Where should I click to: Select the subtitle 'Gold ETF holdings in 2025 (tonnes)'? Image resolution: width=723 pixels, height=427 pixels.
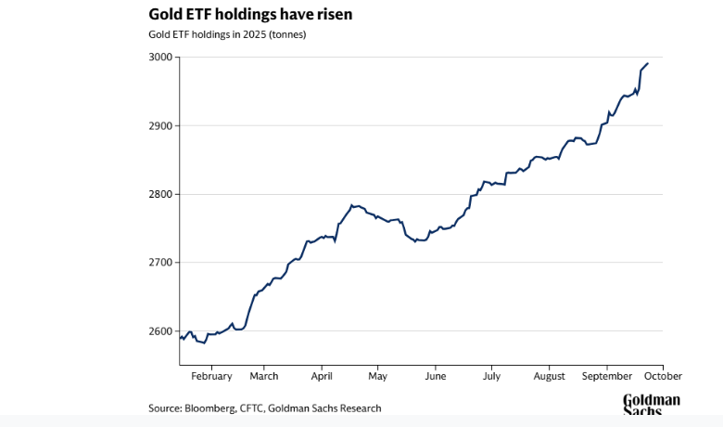(x=227, y=35)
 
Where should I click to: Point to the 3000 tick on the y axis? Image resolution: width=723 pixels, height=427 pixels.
(x=161, y=58)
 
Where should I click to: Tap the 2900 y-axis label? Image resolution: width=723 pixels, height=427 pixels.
(x=161, y=125)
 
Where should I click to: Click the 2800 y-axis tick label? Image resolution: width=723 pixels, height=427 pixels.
(x=161, y=194)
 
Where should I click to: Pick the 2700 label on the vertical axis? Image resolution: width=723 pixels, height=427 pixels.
(x=161, y=263)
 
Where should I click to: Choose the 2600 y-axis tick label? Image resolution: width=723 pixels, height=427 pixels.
(x=161, y=331)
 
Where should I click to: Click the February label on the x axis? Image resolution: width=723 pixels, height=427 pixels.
(x=210, y=376)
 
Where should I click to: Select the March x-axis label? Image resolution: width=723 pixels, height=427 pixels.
(x=264, y=376)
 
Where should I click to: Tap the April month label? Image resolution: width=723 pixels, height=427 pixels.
(x=322, y=376)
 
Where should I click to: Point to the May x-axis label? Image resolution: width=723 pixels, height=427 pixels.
(x=377, y=376)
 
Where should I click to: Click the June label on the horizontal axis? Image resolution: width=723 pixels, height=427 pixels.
(x=435, y=376)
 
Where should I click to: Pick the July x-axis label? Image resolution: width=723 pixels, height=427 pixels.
(x=491, y=376)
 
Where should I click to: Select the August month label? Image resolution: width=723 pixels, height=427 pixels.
(x=550, y=376)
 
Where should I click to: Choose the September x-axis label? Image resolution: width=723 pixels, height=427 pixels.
(x=607, y=376)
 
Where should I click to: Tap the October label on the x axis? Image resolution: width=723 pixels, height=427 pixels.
(x=663, y=376)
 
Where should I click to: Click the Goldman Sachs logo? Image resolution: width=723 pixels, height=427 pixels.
(x=651, y=405)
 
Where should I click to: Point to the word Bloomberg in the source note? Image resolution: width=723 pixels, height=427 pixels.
(x=211, y=408)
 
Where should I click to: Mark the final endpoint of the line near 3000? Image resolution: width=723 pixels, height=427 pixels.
(x=647, y=63)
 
